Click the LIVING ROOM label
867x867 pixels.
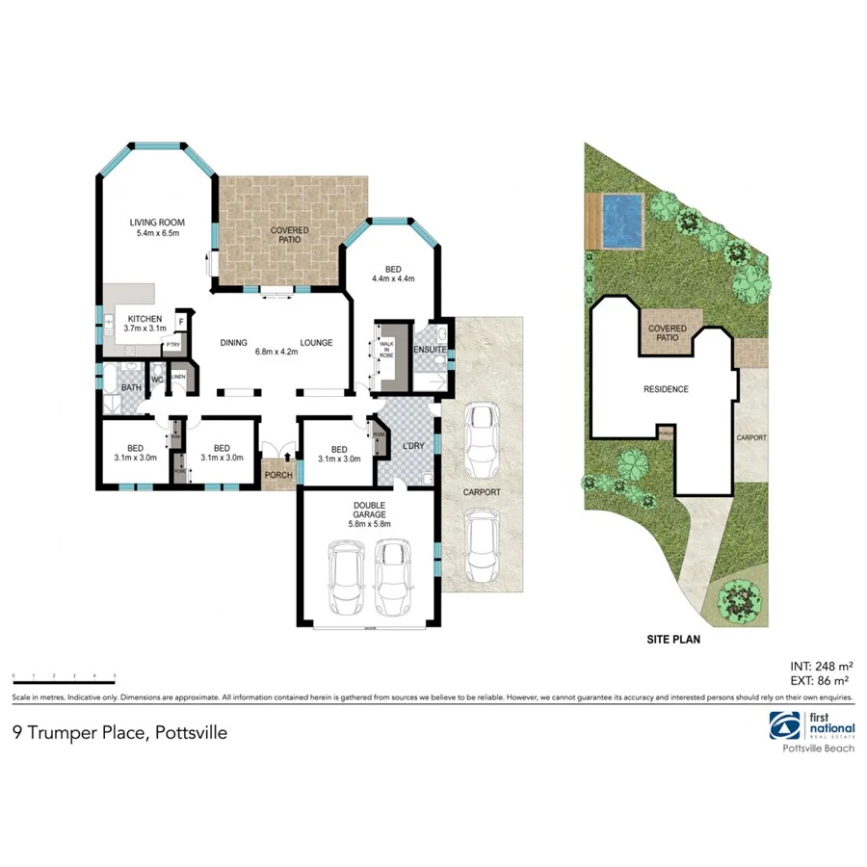157,228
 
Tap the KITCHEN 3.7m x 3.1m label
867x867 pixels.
134,324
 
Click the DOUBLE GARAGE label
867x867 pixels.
370,517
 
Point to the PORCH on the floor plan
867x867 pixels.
278,475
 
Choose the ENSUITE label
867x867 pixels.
431,349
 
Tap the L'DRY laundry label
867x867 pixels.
414,447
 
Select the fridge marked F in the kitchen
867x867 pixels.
180,323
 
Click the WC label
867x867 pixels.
156,378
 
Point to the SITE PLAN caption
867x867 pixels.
671,638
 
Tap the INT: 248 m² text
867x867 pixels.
820,666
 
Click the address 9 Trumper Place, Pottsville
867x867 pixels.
119,732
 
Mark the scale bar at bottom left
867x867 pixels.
64,680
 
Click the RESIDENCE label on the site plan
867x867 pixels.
666,389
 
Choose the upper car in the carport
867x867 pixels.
481,440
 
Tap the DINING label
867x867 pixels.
234,343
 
